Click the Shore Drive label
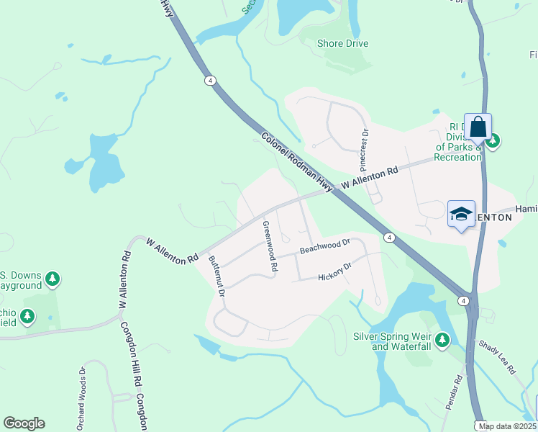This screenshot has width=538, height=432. pos(342,43)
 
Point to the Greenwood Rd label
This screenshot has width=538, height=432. pos(270,246)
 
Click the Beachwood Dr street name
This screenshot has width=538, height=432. pos(324,246)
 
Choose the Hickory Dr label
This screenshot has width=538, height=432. pos(334,271)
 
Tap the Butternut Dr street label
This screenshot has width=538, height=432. pos(217,276)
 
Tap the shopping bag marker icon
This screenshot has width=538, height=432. pos(478,128)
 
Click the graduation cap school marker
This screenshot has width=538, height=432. pos(461,214)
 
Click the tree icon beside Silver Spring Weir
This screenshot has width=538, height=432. pos(442,338)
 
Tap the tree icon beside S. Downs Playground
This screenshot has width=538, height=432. pos(52,278)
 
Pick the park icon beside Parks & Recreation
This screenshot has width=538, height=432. pos(492,140)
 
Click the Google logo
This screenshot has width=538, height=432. pos(24,423)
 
